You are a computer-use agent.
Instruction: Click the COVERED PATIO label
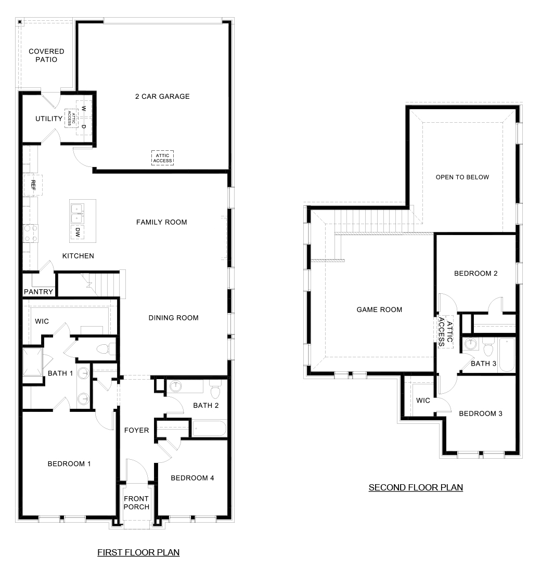click(46, 55)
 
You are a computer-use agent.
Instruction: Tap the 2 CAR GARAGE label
click(162, 96)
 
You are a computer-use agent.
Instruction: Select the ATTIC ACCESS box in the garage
click(162, 158)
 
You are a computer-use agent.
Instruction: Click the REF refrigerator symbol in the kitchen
click(33, 185)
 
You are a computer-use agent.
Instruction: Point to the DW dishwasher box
click(78, 231)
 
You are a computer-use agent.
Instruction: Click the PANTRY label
click(38, 292)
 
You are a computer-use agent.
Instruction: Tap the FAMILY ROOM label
click(161, 222)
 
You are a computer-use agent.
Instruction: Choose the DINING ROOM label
click(173, 318)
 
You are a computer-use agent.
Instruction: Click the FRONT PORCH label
click(136, 503)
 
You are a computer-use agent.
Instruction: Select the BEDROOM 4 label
click(192, 478)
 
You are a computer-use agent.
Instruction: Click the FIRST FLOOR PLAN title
click(138, 552)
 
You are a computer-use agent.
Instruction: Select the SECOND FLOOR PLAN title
click(416, 487)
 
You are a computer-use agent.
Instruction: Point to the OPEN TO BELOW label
click(462, 177)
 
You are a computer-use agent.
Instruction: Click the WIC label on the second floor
click(423, 400)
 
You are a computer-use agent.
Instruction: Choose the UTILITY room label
click(49, 119)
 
